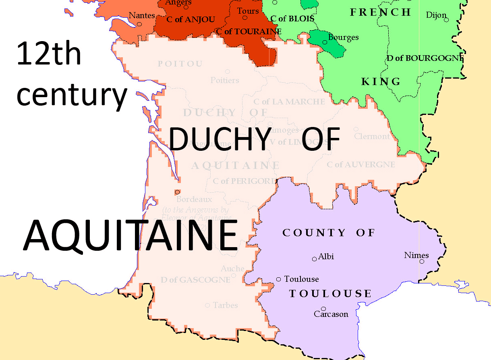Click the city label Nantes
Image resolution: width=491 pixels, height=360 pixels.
click(142, 15)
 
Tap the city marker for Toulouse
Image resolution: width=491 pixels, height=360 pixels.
click(278, 279)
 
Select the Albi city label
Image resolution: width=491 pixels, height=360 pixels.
click(326, 256)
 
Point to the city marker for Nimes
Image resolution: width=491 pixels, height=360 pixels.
click(422, 261)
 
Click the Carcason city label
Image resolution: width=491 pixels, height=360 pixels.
click(331, 314)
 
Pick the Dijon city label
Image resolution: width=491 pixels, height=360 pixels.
click(436, 15)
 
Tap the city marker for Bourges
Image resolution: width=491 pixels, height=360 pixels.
click(325, 42)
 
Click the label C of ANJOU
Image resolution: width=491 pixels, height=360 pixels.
click(191, 19)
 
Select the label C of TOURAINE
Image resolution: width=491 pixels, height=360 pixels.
click(249, 31)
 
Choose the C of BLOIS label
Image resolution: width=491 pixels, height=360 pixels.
click(292, 19)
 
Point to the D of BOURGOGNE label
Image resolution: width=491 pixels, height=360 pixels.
click(425, 58)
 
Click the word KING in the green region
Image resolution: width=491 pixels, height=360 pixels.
click(381, 82)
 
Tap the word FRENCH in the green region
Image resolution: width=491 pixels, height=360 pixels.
click(381, 12)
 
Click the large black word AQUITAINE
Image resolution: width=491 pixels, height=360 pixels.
click(131, 235)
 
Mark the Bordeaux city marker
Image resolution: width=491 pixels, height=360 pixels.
click(177, 192)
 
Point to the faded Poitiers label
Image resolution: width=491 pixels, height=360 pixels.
click(225, 80)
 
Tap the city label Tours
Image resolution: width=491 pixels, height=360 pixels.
click(248, 11)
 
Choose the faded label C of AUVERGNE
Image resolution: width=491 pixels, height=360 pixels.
click(360, 164)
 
